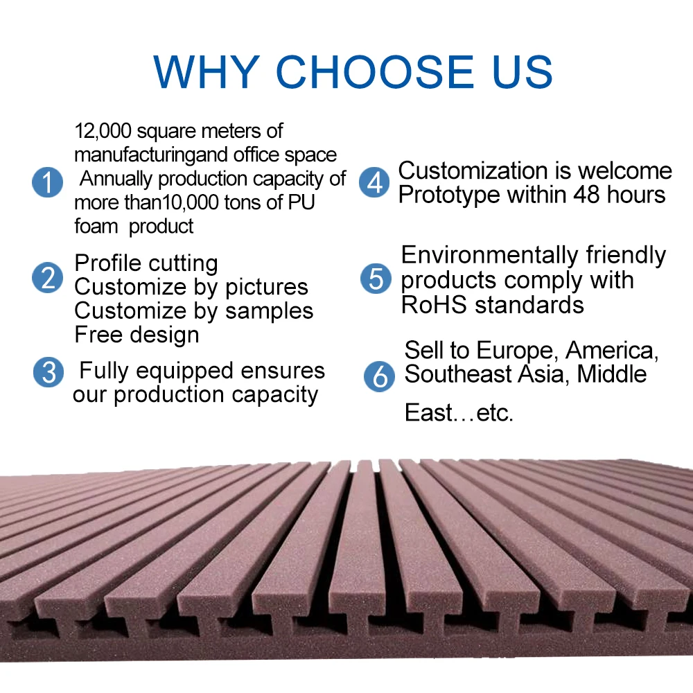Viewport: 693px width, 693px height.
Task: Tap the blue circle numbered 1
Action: pos(47,182)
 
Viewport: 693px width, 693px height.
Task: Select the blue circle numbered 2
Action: pos(47,278)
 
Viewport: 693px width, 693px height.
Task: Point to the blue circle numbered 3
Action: pos(49,372)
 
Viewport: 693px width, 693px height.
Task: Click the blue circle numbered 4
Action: pos(374,182)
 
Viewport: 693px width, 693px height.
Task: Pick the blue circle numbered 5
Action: pos(376,279)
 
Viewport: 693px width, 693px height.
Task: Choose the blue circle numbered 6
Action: pos(379,376)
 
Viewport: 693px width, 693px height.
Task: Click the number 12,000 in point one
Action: pos(103,131)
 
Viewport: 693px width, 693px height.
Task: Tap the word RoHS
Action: pos(434,305)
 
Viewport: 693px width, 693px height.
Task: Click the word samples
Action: pos(269,311)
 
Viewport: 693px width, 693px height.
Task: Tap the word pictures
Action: pos(267,288)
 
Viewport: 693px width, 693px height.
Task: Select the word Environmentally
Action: pos(490,256)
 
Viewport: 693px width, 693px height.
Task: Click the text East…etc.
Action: pos(459,413)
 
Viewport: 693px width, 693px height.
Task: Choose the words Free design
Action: pos(137,335)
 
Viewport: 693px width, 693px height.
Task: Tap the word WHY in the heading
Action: pos(207,71)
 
